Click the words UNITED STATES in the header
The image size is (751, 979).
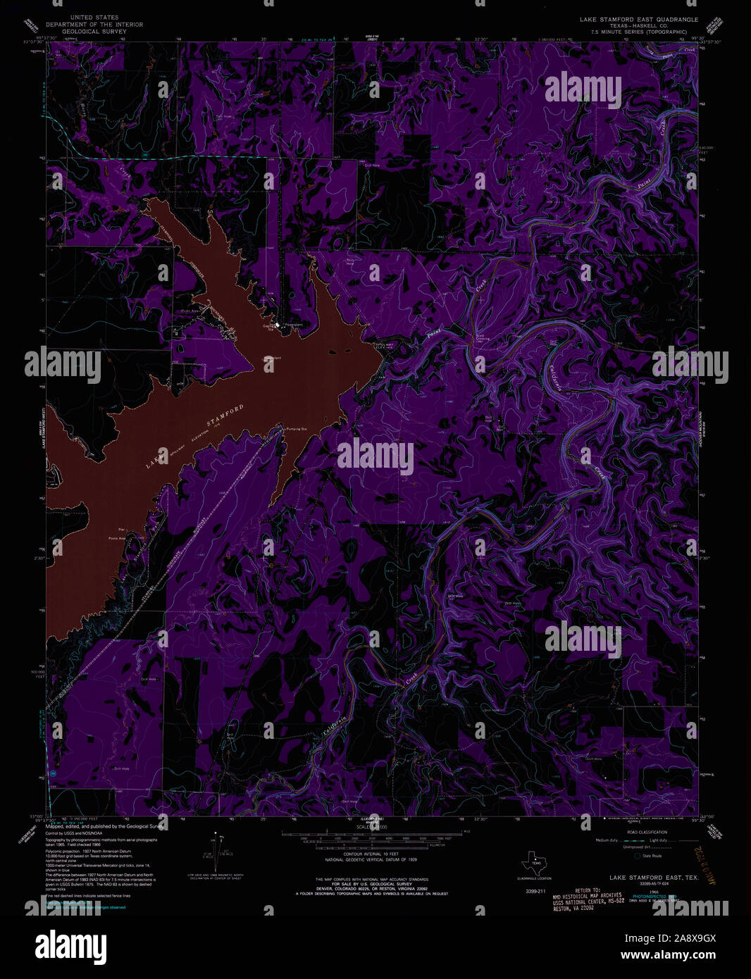pyautogui.click(x=94, y=18)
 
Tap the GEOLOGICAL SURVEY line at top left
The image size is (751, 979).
pyautogui.click(x=94, y=32)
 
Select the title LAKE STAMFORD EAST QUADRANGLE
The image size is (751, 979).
pyautogui.click(x=638, y=19)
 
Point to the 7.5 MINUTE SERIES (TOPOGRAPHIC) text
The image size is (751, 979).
pyautogui.click(x=638, y=32)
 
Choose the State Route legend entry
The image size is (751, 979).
pyautogui.click(x=652, y=856)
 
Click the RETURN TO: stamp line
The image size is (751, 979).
pyautogui.click(x=586, y=890)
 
